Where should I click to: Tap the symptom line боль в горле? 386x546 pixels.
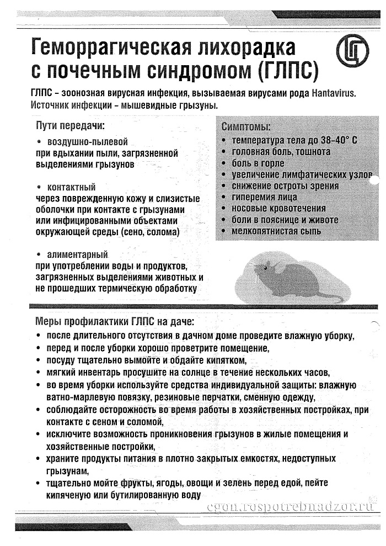258,163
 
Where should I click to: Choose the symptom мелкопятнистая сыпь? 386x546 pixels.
276,231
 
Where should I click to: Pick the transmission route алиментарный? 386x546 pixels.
77,255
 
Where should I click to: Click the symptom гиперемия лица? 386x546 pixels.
264,197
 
